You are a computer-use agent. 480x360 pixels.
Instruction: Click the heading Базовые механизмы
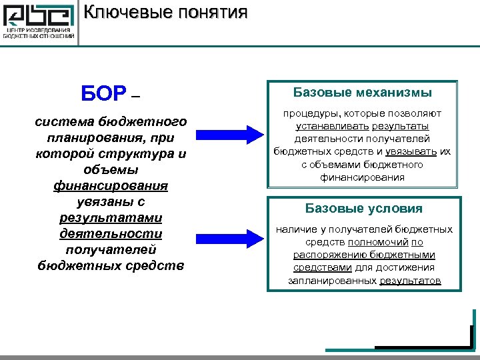tap(363, 93)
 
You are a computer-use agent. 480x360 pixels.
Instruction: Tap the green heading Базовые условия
tap(363, 208)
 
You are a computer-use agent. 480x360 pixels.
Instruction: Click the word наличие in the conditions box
tap(294, 229)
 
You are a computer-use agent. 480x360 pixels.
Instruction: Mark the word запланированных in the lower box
tap(332, 281)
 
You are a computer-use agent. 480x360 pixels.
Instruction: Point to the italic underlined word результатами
tap(111, 217)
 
